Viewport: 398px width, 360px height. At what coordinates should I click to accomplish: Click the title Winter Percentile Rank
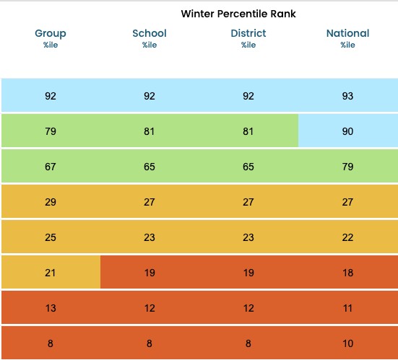tap(238, 14)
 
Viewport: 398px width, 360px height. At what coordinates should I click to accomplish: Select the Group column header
tap(51, 34)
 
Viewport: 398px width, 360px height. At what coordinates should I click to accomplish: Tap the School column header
tap(150, 34)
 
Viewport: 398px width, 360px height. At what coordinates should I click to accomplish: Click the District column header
tap(248, 34)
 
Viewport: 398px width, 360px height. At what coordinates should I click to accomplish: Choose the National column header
tap(347, 34)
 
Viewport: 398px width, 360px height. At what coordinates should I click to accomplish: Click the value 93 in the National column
tap(347, 96)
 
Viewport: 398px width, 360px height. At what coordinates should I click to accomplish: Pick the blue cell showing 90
tap(347, 131)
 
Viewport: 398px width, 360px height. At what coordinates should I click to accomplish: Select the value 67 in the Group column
tap(51, 167)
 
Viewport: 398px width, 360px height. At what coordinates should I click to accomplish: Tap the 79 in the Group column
tap(51, 131)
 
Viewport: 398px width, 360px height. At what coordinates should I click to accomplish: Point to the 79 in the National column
tap(347, 167)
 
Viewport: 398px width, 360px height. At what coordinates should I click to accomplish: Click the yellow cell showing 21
tap(51, 273)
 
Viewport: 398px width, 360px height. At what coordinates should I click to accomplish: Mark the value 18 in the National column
tap(347, 273)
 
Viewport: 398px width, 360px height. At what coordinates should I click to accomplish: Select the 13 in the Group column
tap(51, 308)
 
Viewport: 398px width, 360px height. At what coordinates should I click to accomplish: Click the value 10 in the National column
tap(347, 343)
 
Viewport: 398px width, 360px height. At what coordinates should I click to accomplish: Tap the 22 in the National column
tap(347, 237)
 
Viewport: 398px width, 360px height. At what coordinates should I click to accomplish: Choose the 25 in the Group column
tap(51, 237)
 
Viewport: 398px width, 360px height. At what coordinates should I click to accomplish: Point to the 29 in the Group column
tap(51, 202)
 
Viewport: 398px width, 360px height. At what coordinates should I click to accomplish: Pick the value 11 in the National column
tap(347, 308)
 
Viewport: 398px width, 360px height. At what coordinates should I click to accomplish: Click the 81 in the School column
tap(150, 131)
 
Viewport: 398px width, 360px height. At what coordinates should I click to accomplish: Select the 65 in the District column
tap(248, 167)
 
